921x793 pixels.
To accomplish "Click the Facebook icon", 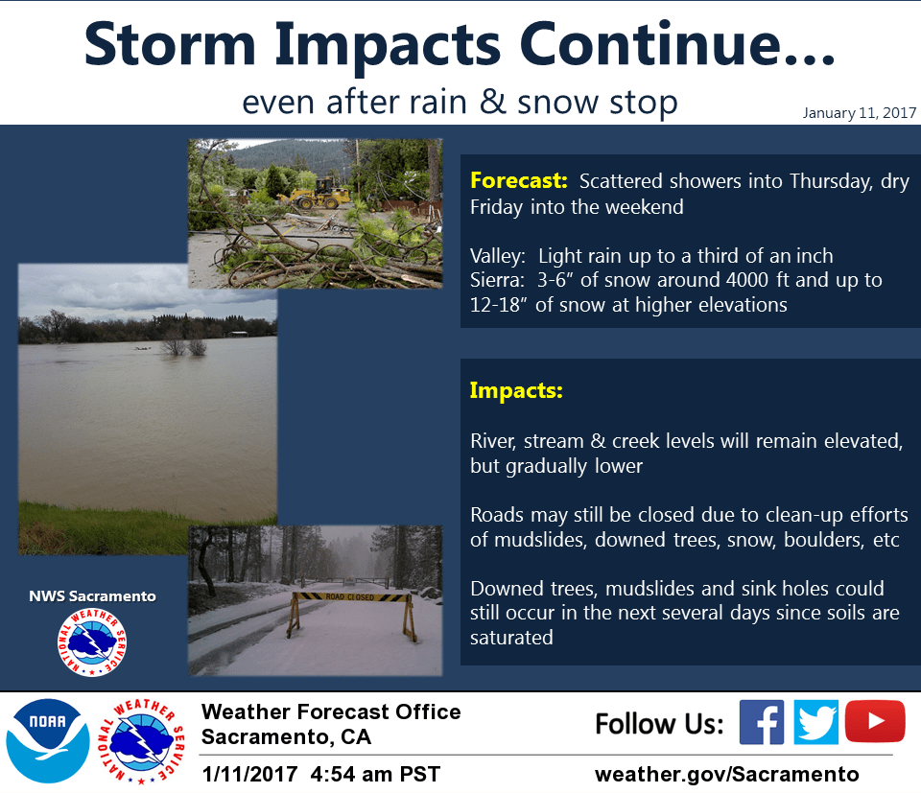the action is click(761, 722).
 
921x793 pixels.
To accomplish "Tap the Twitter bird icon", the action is click(815, 722).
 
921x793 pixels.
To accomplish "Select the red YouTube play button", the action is click(875, 721).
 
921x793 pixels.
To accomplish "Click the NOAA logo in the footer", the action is click(48, 741).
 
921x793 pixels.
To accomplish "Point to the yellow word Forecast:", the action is click(519, 180).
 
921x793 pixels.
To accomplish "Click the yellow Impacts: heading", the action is click(516, 390).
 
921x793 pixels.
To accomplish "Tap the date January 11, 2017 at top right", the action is click(860, 113).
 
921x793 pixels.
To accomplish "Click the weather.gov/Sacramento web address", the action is click(726, 774).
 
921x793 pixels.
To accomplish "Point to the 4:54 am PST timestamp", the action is click(375, 774).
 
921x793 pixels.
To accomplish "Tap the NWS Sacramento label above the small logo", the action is click(93, 596).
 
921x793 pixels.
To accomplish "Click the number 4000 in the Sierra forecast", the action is click(747, 280).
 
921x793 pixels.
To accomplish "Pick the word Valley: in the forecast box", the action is click(498, 257).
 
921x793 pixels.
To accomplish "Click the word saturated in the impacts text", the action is click(511, 638).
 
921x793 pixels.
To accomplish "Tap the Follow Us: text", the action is click(660, 724).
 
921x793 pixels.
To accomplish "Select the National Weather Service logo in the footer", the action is click(141, 741).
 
